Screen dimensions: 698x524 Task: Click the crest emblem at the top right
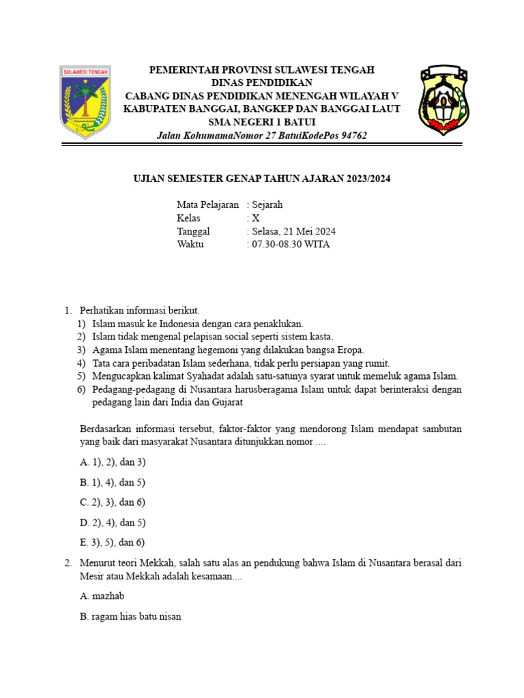click(444, 101)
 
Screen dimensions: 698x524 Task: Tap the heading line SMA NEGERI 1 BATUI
click(261, 122)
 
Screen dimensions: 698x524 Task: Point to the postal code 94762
click(352, 136)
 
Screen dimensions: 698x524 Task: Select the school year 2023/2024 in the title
click(367, 179)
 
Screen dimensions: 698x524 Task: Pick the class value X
click(256, 218)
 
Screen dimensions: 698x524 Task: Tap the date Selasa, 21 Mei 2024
click(294, 232)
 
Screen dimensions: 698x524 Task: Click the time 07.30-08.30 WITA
click(291, 245)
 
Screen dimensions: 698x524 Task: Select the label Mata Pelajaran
click(208, 204)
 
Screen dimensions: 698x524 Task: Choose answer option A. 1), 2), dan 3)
click(113, 462)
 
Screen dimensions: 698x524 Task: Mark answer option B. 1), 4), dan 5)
click(113, 483)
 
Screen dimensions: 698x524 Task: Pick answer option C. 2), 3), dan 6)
click(113, 502)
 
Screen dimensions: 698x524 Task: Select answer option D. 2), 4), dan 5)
click(113, 523)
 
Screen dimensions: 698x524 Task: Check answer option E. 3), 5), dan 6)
click(113, 543)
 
